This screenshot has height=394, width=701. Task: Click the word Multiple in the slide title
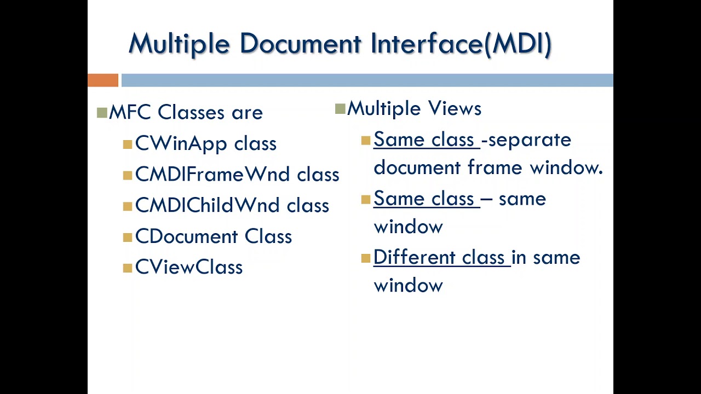pos(179,44)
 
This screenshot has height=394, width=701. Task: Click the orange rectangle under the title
pos(103,80)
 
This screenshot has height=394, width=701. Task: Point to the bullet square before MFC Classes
pos(102,113)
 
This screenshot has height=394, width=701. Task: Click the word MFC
pos(130,113)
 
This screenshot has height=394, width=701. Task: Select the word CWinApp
pos(181,144)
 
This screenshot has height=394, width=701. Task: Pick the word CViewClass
pos(189,268)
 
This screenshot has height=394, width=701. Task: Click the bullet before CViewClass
pos(128,268)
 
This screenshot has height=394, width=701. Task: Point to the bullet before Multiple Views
pos(340,109)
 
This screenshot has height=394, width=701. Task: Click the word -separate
pos(526,140)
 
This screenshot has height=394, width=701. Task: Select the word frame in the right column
pos(496,167)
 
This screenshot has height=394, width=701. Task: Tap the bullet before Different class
pos(366,259)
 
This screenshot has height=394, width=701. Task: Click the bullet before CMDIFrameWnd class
pos(128,175)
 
